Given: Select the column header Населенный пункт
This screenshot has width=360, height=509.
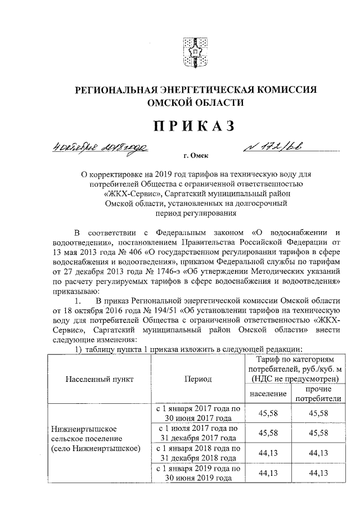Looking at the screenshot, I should [x=100, y=379].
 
